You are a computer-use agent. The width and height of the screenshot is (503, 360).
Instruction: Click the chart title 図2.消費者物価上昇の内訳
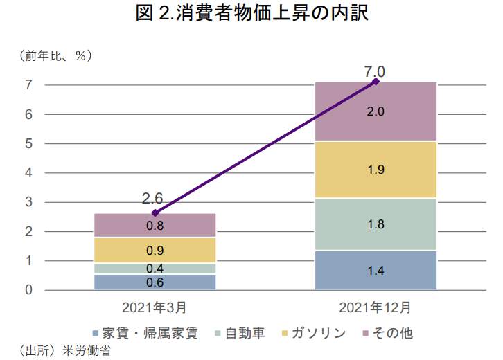pos(251,14)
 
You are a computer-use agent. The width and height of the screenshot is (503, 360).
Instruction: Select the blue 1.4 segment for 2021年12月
pos(376,271)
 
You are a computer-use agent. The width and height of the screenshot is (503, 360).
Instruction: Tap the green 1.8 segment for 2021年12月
pos(376,224)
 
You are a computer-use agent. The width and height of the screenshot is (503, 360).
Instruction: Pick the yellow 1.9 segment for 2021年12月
pos(376,170)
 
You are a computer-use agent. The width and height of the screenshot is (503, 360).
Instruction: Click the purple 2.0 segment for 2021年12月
pos(376,111)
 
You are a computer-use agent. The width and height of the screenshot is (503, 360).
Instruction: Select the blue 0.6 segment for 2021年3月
pos(155,282)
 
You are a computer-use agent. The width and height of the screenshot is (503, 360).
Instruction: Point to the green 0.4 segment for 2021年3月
pos(155,269)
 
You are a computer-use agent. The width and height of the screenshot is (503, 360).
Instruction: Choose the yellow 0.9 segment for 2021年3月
pos(155,250)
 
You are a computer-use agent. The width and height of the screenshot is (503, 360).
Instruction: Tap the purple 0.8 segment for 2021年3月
pos(155,226)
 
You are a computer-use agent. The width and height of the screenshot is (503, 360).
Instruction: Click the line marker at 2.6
pos(155,213)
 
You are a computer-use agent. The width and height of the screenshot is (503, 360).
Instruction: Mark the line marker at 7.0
pos(376,82)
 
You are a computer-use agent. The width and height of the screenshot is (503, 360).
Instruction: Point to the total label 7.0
pos(374,70)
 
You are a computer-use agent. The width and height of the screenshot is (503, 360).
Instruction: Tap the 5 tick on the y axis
pos(29,144)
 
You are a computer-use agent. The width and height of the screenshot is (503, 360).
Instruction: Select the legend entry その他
pos(392,333)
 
